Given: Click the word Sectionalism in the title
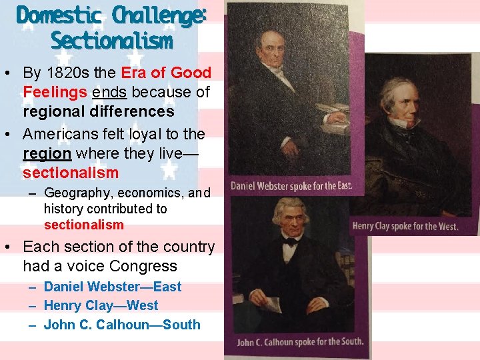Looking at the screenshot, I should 111,41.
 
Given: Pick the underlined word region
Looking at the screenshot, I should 47,153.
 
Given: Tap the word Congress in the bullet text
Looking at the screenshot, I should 144,266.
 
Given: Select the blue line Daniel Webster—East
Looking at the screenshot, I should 112,287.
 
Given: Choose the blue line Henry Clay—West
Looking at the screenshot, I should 101,305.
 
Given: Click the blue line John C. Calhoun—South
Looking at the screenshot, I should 122,325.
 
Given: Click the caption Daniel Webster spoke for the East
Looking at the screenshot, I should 291,185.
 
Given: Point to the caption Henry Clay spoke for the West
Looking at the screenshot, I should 405,226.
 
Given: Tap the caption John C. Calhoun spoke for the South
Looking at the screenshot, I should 300,342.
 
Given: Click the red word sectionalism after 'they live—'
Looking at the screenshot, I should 70,173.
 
